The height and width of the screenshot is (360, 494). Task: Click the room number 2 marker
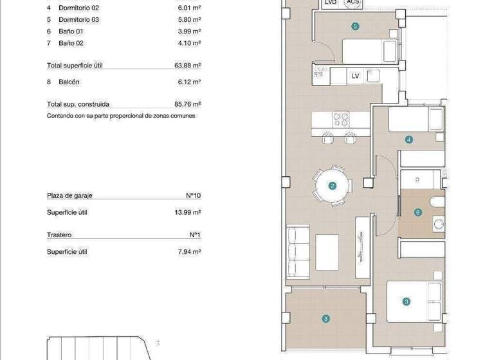click(x=333, y=186)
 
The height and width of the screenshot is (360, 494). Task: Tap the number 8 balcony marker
click(x=327, y=318)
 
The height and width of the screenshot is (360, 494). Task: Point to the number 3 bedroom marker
click(x=406, y=301)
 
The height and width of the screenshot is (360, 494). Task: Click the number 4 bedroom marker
click(x=408, y=139)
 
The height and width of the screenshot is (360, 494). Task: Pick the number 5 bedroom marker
click(x=355, y=26)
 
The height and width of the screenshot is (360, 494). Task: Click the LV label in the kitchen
click(x=355, y=76)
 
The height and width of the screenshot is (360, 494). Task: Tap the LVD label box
click(x=331, y=3)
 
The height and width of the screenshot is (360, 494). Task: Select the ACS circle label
click(x=352, y=3)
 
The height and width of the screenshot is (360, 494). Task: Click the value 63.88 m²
click(x=188, y=66)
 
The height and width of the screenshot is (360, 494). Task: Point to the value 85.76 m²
click(x=188, y=104)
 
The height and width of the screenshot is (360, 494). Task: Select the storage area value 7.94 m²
click(x=190, y=251)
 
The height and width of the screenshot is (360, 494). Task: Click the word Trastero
click(x=59, y=235)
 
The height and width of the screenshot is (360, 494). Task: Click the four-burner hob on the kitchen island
click(x=341, y=119)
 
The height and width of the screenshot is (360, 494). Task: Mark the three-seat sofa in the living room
click(x=298, y=251)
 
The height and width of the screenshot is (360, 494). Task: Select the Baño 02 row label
click(x=71, y=43)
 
